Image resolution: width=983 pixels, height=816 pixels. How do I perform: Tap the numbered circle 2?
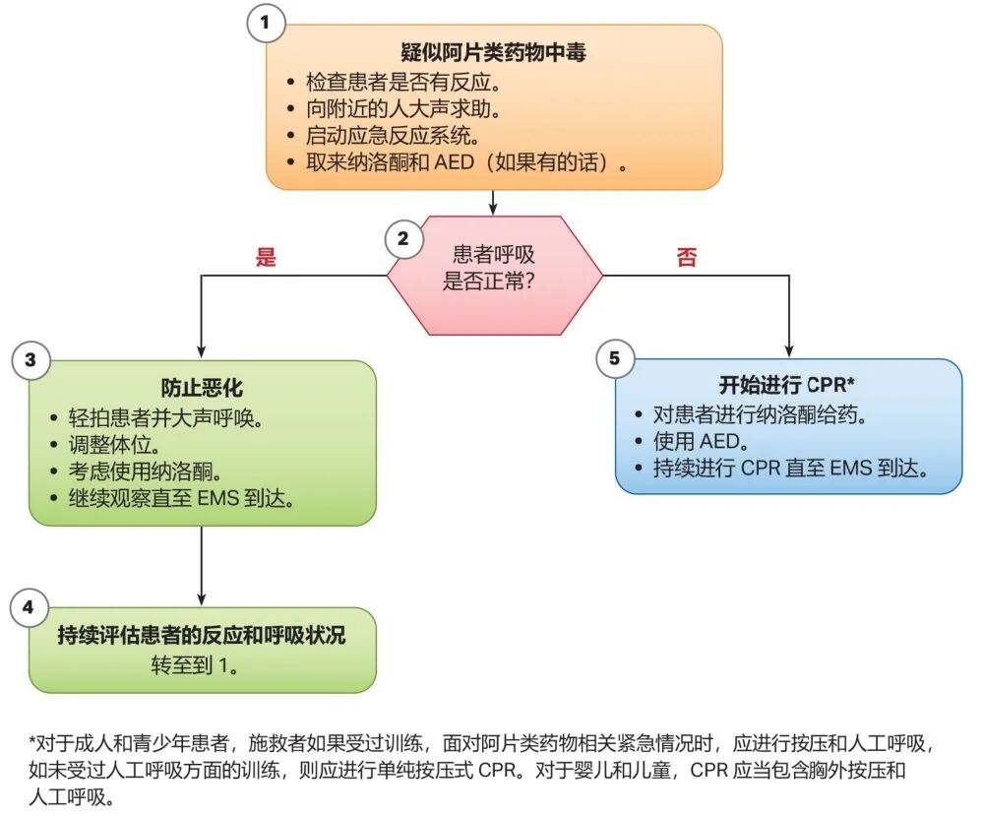coord(402,237)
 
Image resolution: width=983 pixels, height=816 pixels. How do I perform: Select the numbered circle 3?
coord(30,360)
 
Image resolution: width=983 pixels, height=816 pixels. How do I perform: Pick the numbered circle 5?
coord(615,358)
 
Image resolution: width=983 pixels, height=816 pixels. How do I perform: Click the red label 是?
coord(266,258)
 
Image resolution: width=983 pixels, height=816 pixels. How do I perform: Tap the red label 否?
coord(686,258)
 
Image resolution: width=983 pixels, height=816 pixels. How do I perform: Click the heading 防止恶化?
coord(202,388)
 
